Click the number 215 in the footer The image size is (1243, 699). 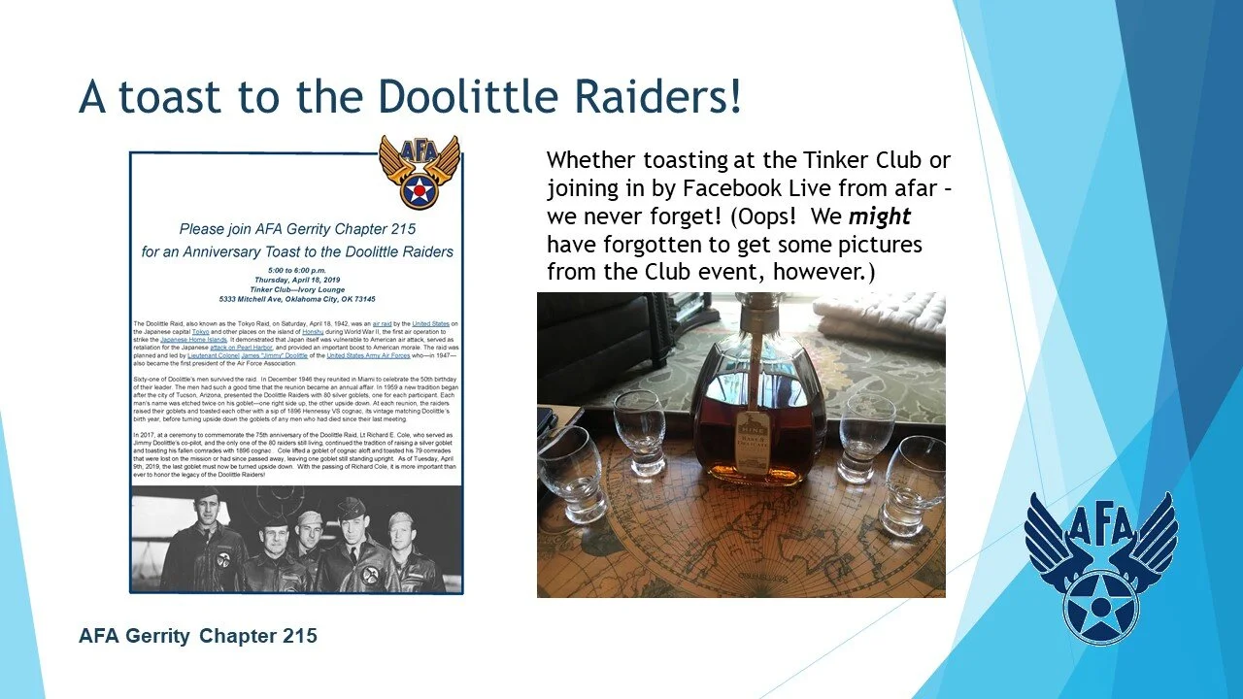pos(297,637)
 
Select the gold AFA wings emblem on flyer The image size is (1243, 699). pos(419,170)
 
